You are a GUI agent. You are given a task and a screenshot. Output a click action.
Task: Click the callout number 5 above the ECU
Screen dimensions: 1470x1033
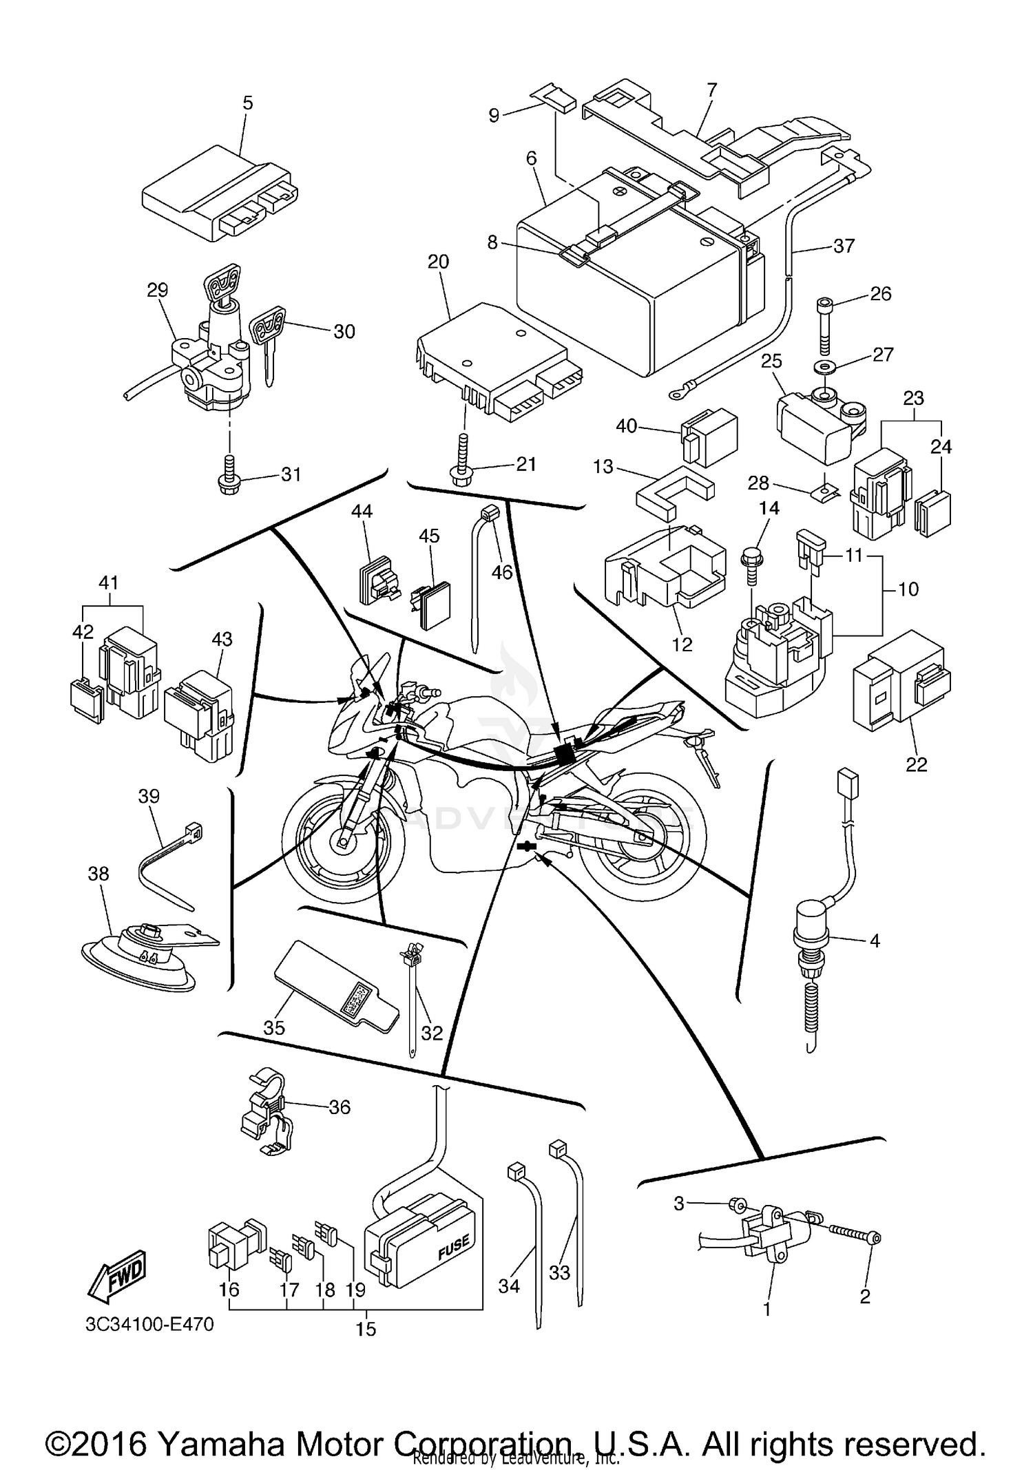click(x=248, y=103)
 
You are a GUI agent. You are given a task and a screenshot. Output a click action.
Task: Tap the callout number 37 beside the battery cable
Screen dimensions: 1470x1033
click(x=844, y=246)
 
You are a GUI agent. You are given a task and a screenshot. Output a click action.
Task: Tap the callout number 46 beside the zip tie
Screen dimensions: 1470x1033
click(x=502, y=572)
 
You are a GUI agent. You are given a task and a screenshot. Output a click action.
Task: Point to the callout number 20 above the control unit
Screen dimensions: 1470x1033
click(x=439, y=262)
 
